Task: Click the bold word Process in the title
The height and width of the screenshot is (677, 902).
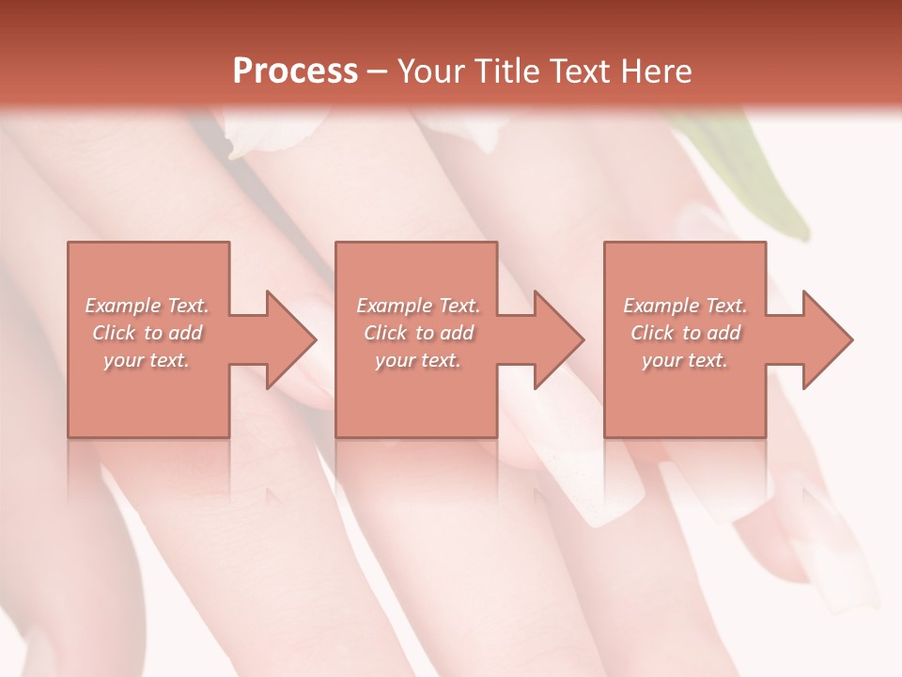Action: click(295, 71)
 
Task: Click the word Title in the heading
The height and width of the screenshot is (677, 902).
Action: click(506, 71)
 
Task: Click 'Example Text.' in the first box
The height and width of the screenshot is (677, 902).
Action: click(147, 306)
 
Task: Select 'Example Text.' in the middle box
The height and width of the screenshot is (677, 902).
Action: click(418, 306)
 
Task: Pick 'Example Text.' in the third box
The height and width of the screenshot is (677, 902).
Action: click(685, 306)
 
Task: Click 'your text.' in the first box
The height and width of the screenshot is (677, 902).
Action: click(147, 360)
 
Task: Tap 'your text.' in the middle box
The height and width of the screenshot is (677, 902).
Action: click(418, 360)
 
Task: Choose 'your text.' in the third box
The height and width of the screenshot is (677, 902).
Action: click(685, 360)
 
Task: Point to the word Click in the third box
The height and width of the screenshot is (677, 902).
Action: click(653, 333)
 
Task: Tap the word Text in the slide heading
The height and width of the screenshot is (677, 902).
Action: click(578, 71)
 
